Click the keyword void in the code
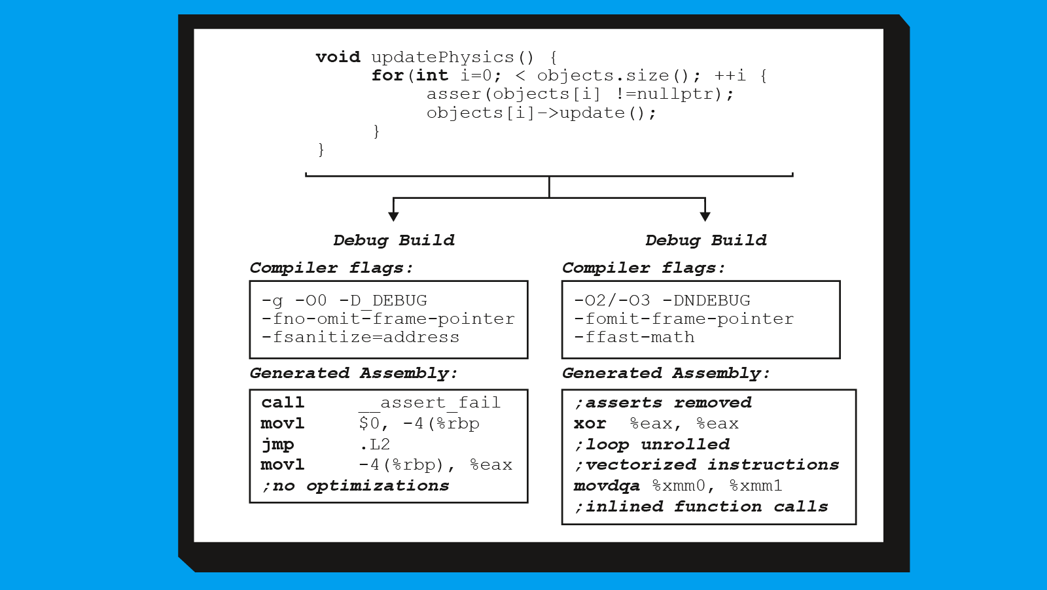pos(338,57)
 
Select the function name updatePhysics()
pos(452,58)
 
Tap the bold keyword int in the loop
pos(432,75)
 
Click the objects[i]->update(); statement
pos(541,113)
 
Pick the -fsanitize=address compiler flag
pos(361,338)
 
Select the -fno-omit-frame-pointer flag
pos(388,319)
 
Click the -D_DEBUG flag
pos(383,300)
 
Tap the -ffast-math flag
pos(634,338)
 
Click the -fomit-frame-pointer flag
pos(684,319)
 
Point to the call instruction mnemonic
pos(283,402)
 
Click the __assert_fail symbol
pos(429,403)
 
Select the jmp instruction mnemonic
pos(278,444)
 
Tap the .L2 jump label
pos(375,443)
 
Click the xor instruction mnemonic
pos(590,424)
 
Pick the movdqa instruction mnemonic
pos(607,486)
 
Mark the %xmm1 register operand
pos(756,486)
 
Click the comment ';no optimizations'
pos(355,486)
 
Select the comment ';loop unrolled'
pos(652,444)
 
